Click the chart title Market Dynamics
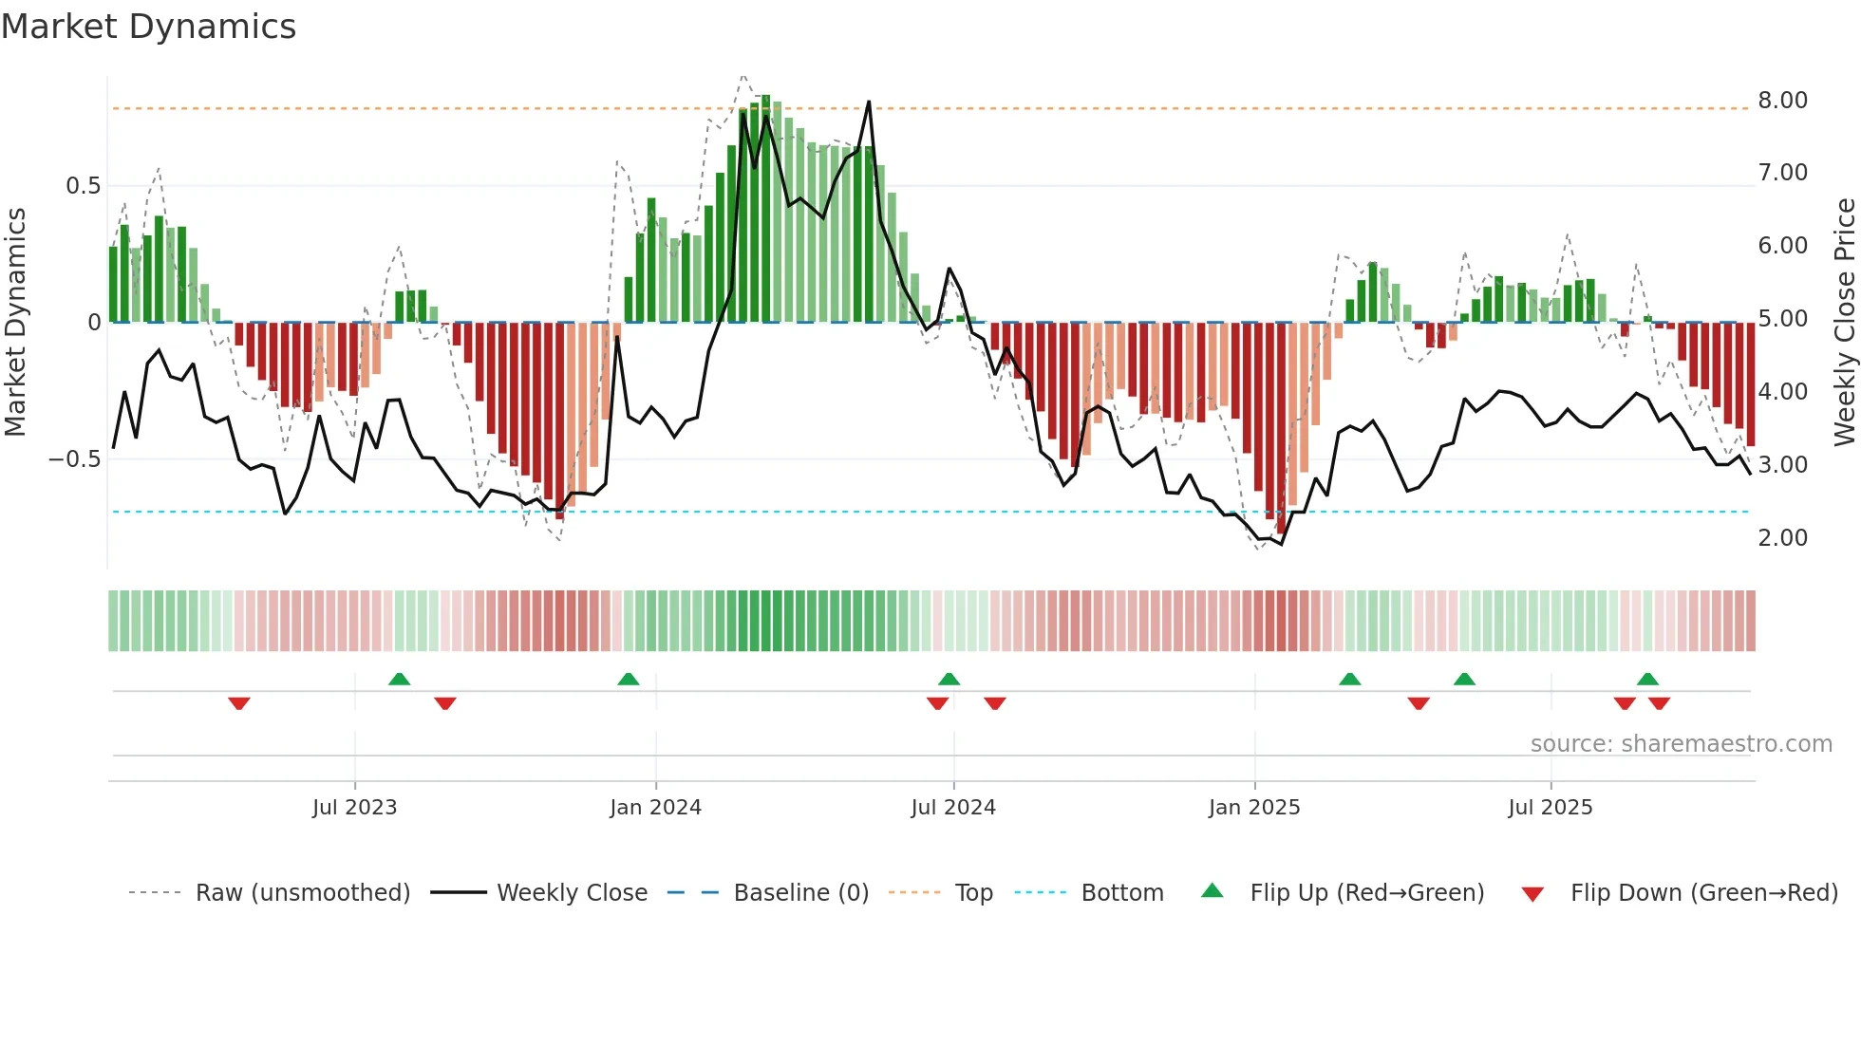(148, 27)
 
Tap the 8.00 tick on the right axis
(1782, 101)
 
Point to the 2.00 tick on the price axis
(1782, 538)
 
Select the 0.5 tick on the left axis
(83, 186)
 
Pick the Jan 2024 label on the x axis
(655, 808)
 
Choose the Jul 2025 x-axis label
(1550, 808)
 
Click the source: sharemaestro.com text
(1681, 744)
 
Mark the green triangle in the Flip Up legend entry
(1212, 891)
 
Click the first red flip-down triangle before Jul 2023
(239, 703)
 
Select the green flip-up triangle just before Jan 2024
(629, 679)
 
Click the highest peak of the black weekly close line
(869, 103)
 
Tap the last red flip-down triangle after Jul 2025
(1659, 703)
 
